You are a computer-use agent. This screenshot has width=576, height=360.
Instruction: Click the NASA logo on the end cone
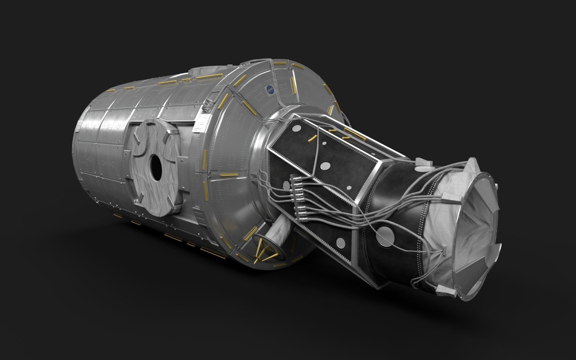(x=271, y=89)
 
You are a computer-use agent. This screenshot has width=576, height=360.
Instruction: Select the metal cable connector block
(x=297, y=196)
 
